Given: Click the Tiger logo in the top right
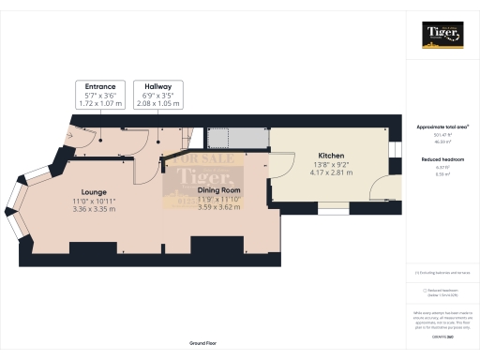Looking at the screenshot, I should (442, 36).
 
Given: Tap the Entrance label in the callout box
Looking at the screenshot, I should (99, 86).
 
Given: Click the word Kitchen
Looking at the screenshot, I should (332, 156).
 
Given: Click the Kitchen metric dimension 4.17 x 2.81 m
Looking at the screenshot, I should (332, 172).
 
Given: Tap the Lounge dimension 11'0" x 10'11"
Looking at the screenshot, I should (93, 202).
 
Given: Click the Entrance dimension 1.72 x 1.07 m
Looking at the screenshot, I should (99, 102).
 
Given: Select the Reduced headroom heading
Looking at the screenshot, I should (442, 160).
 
